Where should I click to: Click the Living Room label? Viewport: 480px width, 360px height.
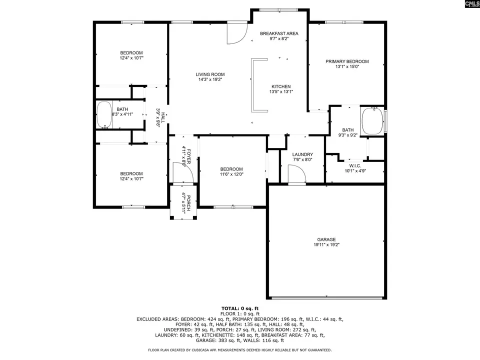(x=210, y=74)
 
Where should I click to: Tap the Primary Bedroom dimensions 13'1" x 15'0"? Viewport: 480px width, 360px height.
(x=347, y=66)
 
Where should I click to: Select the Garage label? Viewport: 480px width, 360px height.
(x=326, y=239)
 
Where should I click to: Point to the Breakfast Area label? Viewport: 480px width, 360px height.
(x=279, y=33)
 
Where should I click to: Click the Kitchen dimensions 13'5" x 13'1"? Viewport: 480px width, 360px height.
(x=281, y=91)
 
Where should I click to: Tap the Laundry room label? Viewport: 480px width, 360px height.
(x=302, y=154)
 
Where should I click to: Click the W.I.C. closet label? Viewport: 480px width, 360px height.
(x=355, y=165)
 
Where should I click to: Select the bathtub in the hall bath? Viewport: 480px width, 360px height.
(x=104, y=115)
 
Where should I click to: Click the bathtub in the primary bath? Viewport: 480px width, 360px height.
(x=372, y=120)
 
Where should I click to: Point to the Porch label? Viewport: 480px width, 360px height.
(x=188, y=202)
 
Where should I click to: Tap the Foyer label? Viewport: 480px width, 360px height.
(x=188, y=156)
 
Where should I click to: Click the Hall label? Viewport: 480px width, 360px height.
(x=163, y=117)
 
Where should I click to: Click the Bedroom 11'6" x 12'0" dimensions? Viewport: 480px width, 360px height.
(x=231, y=174)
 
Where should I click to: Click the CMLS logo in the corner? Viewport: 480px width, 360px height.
(x=472, y=3)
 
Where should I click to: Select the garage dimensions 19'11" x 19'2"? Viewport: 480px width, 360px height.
(x=326, y=244)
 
